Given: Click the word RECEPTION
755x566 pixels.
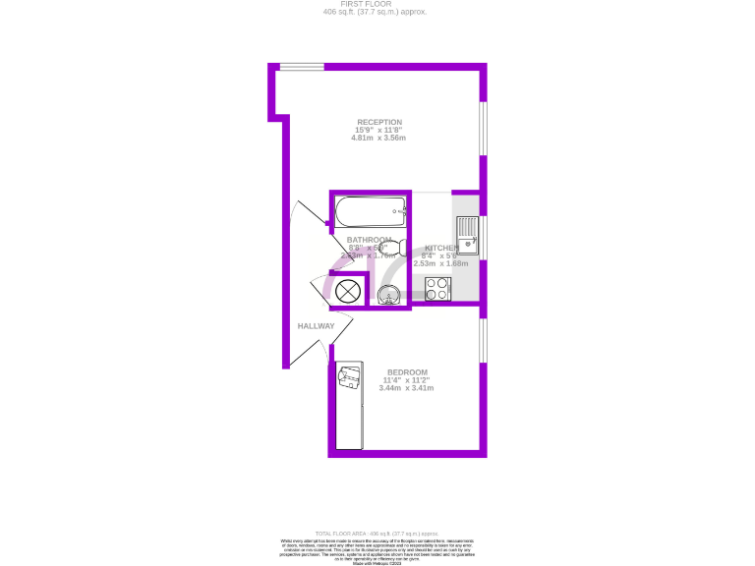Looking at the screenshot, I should click(378, 122).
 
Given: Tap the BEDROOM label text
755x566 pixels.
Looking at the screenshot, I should click(406, 371).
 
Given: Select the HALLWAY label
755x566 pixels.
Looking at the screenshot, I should click(316, 326).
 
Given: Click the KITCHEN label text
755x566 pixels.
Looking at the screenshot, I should click(440, 248).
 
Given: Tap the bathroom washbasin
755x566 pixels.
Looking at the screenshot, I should click(389, 296).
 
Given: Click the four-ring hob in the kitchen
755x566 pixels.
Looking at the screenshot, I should click(437, 289).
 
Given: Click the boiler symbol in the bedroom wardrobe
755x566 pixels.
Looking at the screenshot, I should click(349, 377).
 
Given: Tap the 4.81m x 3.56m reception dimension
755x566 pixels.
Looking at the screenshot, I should click(378, 139).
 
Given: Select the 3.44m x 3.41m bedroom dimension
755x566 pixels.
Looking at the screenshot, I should click(406, 388).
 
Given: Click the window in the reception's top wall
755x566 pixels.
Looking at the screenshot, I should click(299, 67).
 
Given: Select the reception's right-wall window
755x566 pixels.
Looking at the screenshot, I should click(483, 128).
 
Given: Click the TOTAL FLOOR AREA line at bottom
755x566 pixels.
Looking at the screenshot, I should click(377, 533).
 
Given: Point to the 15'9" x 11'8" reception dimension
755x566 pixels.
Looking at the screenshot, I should click(378, 130).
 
